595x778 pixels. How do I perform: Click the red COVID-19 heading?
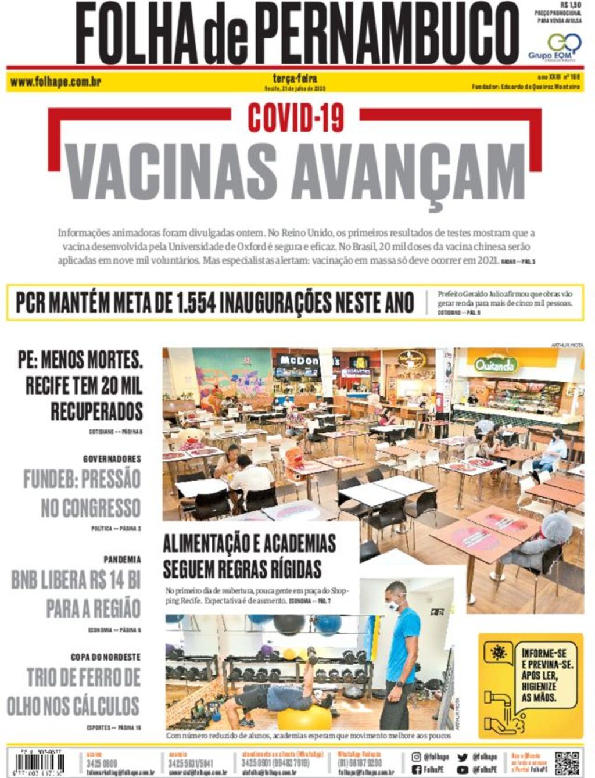point(296,117)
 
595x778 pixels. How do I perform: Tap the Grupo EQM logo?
point(556,46)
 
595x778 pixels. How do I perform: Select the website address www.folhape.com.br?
point(56,82)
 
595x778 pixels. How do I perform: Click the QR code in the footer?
point(567,763)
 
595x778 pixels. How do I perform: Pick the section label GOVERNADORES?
point(112,459)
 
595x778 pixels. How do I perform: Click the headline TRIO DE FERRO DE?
point(84,677)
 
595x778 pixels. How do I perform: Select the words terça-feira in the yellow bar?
point(295,78)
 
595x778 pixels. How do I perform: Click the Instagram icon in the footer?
point(416,757)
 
